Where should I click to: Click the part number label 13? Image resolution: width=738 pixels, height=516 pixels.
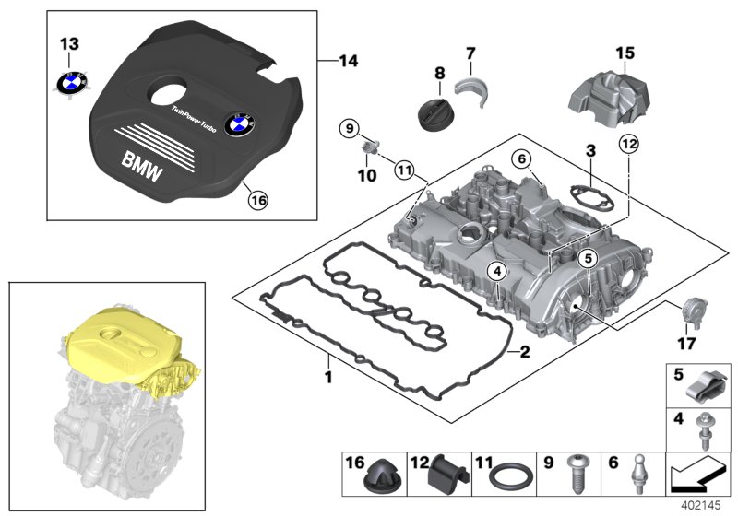70,44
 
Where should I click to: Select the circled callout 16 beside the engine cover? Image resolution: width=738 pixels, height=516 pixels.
259,197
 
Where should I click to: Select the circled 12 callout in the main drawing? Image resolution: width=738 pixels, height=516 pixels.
628,143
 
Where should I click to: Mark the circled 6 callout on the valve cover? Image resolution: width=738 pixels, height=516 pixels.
522,159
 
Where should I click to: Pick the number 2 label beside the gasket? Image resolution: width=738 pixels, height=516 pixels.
524,351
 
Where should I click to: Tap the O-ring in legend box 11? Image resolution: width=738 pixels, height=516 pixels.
506,479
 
